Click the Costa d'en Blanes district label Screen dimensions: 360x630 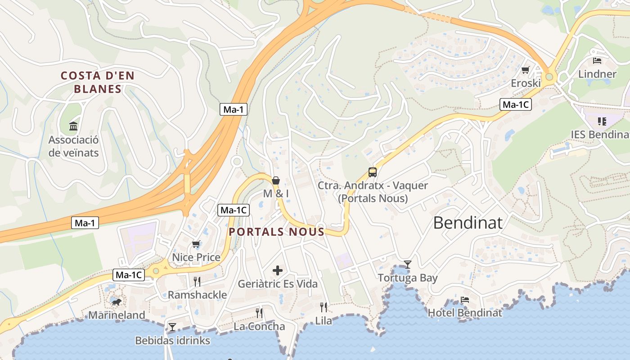click(x=98, y=82)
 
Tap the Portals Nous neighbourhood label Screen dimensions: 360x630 click(x=276, y=232)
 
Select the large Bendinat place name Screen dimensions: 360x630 click(x=468, y=223)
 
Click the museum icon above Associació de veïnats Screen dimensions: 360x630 click(x=73, y=126)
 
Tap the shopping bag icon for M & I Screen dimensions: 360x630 click(x=276, y=180)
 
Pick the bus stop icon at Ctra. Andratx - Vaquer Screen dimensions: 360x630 click(x=373, y=172)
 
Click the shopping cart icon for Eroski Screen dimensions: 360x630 click(x=525, y=70)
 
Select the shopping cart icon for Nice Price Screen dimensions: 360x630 click(x=196, y=244)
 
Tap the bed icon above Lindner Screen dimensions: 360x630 click(x=597, y=60)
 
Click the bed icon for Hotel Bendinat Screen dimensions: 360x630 click(x=465, y=299)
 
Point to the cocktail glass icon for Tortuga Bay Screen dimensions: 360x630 click(x=407, y=264)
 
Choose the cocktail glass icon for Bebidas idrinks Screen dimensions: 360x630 click(x=172, y=326)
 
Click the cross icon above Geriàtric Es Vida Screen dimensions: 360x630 click(x=278, y=270)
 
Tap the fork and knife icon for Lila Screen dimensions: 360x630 click(x=324, y=307)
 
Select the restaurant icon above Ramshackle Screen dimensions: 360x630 click(x=197, y=282)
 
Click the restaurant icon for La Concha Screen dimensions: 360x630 click(x=259, y=313)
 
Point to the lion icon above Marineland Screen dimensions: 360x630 click(x=117, y=301)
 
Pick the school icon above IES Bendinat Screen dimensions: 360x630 click(x=602, y=121)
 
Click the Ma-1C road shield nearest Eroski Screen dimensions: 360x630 click(x=516, y=105)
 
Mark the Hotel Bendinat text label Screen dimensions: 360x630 click(x=465, y=313)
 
